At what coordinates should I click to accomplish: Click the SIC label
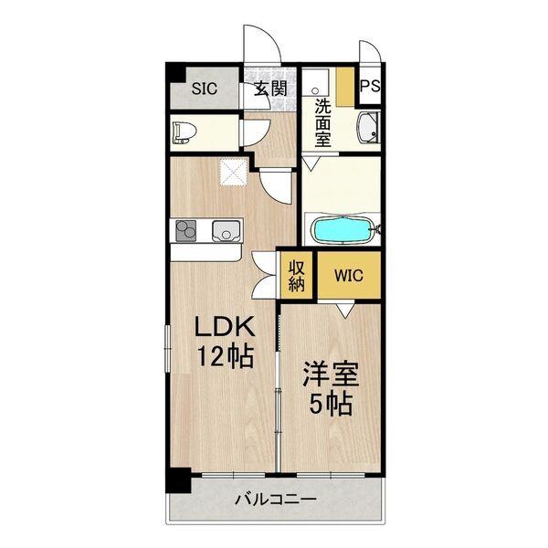204,89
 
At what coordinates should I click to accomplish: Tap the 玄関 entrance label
269,89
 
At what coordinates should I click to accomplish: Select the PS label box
370,88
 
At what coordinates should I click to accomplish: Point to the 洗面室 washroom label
322,122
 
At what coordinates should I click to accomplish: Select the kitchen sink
225,230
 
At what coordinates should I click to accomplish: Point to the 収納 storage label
297,275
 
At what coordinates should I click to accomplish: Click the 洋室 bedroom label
327,374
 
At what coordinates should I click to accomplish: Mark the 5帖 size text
327,404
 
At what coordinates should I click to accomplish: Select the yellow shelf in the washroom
344,88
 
